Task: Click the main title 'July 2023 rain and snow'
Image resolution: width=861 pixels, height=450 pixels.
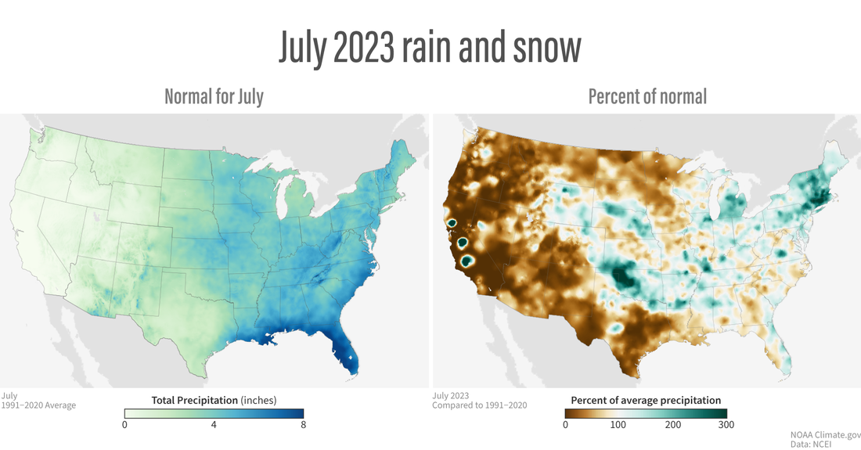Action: click(430, 49)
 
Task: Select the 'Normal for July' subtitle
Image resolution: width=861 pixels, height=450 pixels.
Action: click(214, 96)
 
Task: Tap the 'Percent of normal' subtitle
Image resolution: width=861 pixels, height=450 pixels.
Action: click(647, 96)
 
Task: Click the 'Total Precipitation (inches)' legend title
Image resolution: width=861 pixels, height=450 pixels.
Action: click(214, 400)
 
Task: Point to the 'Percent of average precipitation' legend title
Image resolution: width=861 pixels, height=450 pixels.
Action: click(646, 400)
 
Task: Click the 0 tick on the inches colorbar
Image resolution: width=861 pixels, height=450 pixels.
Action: click(125, 425)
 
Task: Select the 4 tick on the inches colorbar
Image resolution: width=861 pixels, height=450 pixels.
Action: click(214, 425)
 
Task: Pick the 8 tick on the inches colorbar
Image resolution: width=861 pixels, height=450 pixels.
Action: click(303, 425)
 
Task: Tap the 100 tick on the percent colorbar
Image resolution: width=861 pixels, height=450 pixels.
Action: click(618, 425)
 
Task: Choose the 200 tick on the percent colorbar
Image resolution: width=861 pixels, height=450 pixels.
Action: click(672, 425)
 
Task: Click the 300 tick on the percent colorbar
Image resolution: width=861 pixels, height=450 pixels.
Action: click(726, 425)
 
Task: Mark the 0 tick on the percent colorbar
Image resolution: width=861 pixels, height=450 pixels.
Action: click(565, 425)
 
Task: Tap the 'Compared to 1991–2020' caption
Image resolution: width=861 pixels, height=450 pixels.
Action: click(479, 405)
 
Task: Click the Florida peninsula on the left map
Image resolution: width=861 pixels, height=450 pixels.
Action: click(348, 356)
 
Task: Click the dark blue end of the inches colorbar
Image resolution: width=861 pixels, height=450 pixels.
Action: click(297, 412)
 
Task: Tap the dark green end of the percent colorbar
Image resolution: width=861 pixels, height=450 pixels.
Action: click(720, 412)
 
